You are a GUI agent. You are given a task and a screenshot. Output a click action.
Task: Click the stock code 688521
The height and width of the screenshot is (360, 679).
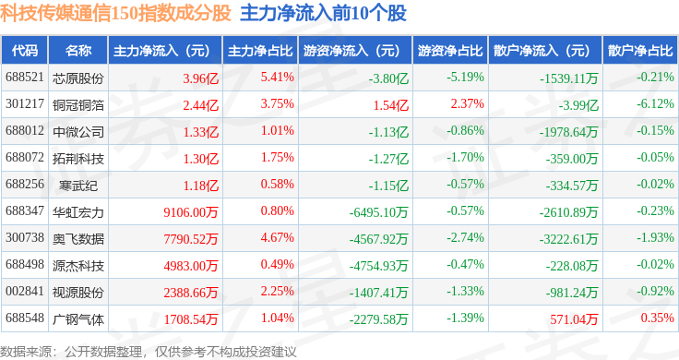tap(25, 78)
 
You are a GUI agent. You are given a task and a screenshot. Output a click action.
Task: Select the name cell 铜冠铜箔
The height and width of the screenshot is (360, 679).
tap(78, 105)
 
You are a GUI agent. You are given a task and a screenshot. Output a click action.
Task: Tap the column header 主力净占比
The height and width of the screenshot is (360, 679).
tap(260, 51)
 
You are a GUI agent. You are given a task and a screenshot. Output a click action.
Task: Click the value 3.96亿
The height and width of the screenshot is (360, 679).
tap(200, 78)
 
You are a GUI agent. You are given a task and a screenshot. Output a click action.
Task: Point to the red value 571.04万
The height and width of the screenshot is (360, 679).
tap(574, 319)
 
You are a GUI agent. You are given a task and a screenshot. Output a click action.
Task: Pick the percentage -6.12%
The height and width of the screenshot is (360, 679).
tap(655, 104)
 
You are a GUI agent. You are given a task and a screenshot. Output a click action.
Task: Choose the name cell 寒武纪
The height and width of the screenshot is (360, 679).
tap(78, 186)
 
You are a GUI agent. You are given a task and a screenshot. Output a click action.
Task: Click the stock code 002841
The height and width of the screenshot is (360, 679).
tap(25, 291)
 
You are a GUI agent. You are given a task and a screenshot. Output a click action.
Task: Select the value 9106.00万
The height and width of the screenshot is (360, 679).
tap(191, 212)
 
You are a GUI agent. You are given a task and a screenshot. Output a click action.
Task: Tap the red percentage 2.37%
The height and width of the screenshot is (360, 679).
tap(467, 104)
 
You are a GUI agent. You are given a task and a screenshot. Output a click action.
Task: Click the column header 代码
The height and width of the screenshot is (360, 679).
tap(25, 51)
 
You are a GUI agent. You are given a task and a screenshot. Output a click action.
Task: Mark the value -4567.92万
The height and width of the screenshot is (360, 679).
tap(378, 239)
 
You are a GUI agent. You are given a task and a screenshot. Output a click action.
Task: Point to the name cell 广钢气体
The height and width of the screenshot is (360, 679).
tap(78, 319)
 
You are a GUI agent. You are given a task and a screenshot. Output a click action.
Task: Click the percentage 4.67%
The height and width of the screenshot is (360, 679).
tap(277, 238)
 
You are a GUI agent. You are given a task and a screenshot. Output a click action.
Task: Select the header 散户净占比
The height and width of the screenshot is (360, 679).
tap(640, 51)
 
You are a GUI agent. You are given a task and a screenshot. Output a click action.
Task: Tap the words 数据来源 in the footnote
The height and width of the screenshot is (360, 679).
tap(26, 352)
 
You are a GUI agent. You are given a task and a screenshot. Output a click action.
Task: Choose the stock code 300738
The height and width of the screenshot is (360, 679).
tap(25, 238)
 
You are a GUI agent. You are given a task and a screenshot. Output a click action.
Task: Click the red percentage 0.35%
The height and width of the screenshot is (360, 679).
tap(658, 318)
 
